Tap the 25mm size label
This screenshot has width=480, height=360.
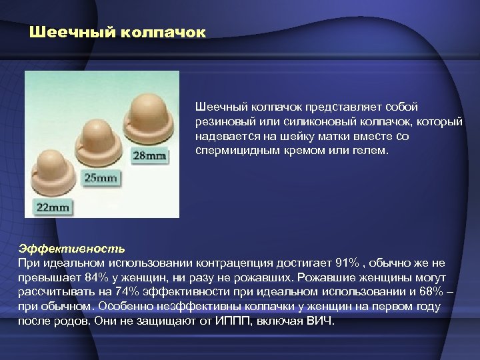click(101, 178)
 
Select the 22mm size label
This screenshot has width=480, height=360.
click(53, 207)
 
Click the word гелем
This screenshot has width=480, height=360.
click(370, 151)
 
